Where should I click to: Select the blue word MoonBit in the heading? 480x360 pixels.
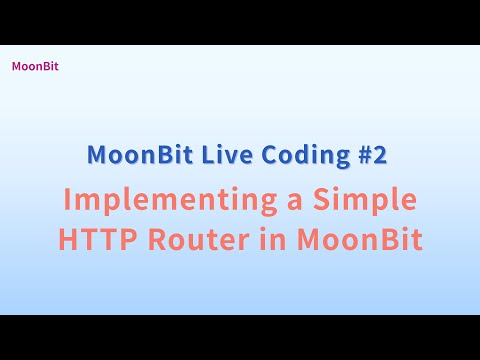coord(135,156)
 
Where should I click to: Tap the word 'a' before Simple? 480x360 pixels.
coord(293,201)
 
